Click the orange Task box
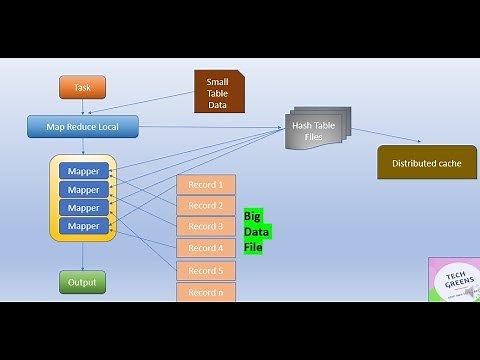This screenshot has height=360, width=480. (x=82, y=87)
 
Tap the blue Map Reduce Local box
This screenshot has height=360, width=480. (x=82, y=127)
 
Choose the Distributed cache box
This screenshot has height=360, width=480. (x=426, y=162)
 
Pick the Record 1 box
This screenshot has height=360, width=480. (x=206, y=185)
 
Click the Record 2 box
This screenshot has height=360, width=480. (x=206, y=206)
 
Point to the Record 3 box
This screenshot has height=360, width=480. (x=206, y=227)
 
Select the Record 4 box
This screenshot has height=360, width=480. (x=206, y=248)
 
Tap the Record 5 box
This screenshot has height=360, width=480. (x=206, y=270)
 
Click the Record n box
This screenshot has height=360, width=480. (x=206, y=291)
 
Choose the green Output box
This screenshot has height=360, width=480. (x=82, y=282)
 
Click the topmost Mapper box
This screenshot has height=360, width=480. (x=84, y=171)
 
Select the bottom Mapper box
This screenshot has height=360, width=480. (x=84, y=226)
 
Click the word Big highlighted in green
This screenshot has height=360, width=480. (x=252, y=216)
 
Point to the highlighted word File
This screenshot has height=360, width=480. (x=252, y=246)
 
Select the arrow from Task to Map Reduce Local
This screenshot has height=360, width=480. (x=82, y=107)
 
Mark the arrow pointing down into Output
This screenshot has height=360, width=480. (x=82, y=256)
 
